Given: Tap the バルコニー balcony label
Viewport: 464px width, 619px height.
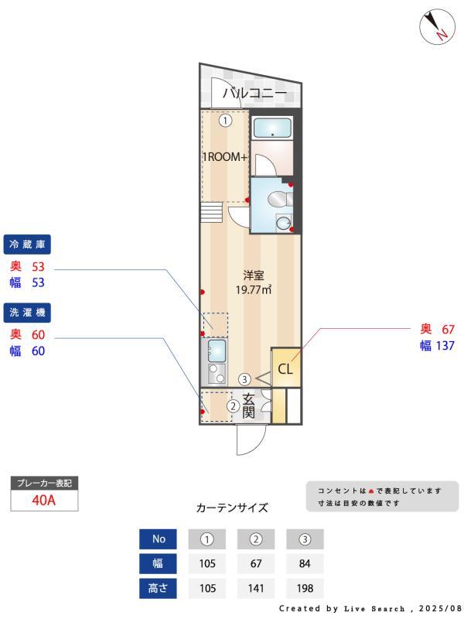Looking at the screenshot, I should click(x=255, y=94).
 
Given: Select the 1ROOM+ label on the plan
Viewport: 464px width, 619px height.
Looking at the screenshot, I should click(x=224, y=157).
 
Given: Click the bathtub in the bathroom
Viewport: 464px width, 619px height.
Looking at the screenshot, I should click(x=272, y=128).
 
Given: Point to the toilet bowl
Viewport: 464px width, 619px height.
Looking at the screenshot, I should click(x=276, y=200).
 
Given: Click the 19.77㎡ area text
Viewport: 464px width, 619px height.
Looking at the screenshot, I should click(x=254, y=290).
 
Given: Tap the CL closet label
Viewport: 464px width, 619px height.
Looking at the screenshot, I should click(x=285, y=369).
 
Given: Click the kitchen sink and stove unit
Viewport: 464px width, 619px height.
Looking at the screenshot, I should click(x=216, y=361).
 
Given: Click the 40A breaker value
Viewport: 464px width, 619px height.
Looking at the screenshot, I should click(x=44, y=500).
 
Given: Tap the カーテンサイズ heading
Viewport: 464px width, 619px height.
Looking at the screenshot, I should click(x=232, y=508).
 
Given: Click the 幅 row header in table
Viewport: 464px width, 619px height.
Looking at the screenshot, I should click(x=158, y=563).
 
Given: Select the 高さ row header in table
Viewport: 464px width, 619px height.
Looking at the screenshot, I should click(x=158, y=588).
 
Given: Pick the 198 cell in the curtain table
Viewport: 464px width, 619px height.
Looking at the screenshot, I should click(x=305, y=588).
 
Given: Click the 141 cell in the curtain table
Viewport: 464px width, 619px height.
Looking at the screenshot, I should click(x=256, y=588).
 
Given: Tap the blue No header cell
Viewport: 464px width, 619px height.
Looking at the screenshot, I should click(x=158, y=539).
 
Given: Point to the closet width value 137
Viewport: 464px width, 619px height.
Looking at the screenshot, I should click(x=443, y=346).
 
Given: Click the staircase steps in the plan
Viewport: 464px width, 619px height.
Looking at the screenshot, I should click(x=212, y=211).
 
